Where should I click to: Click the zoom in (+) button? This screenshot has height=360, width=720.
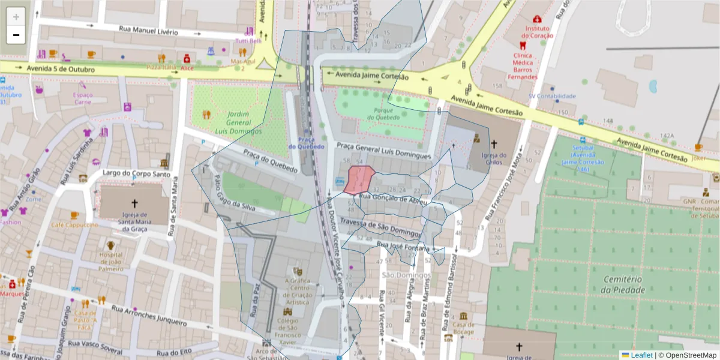[16, 17]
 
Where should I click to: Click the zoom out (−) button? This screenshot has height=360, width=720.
[16, 35]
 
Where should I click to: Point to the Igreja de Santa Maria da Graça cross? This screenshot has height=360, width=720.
[134, 203]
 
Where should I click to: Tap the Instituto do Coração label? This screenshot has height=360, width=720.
[538, 32]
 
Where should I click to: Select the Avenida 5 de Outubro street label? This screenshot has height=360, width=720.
[61, 70]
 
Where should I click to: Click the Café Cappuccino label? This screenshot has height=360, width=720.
[74, 224]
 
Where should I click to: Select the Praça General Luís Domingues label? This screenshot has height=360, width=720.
[384, 150]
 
